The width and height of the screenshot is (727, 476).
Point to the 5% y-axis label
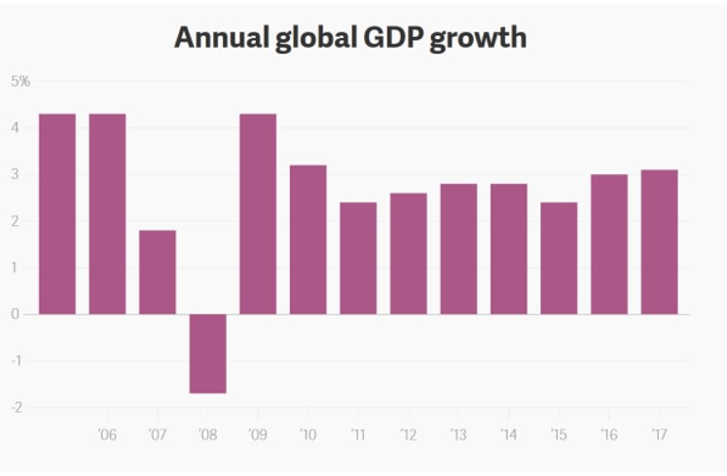pos(20,82)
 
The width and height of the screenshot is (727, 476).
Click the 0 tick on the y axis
pos(16,314)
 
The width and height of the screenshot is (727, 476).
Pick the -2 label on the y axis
pos(16,407)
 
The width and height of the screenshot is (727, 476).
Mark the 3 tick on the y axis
pos(16,175)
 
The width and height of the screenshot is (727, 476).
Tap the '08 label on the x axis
pos(207,434)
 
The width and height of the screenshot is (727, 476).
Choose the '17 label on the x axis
pos(659,434)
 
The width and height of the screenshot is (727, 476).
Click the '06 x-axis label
pos(107,434)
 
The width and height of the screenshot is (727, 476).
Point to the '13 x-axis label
pos(458,434)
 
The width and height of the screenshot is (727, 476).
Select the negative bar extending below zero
pos(207,353)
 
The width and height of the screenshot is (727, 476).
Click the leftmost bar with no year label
pos(57,214)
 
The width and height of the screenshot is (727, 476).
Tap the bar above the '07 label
pos(158,272)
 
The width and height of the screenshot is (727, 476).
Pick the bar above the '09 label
pos(258,214)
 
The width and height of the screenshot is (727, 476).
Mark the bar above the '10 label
pos(308,239)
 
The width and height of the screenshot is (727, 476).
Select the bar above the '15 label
pos(559,258)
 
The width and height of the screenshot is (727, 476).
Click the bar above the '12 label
pos(408,253)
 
